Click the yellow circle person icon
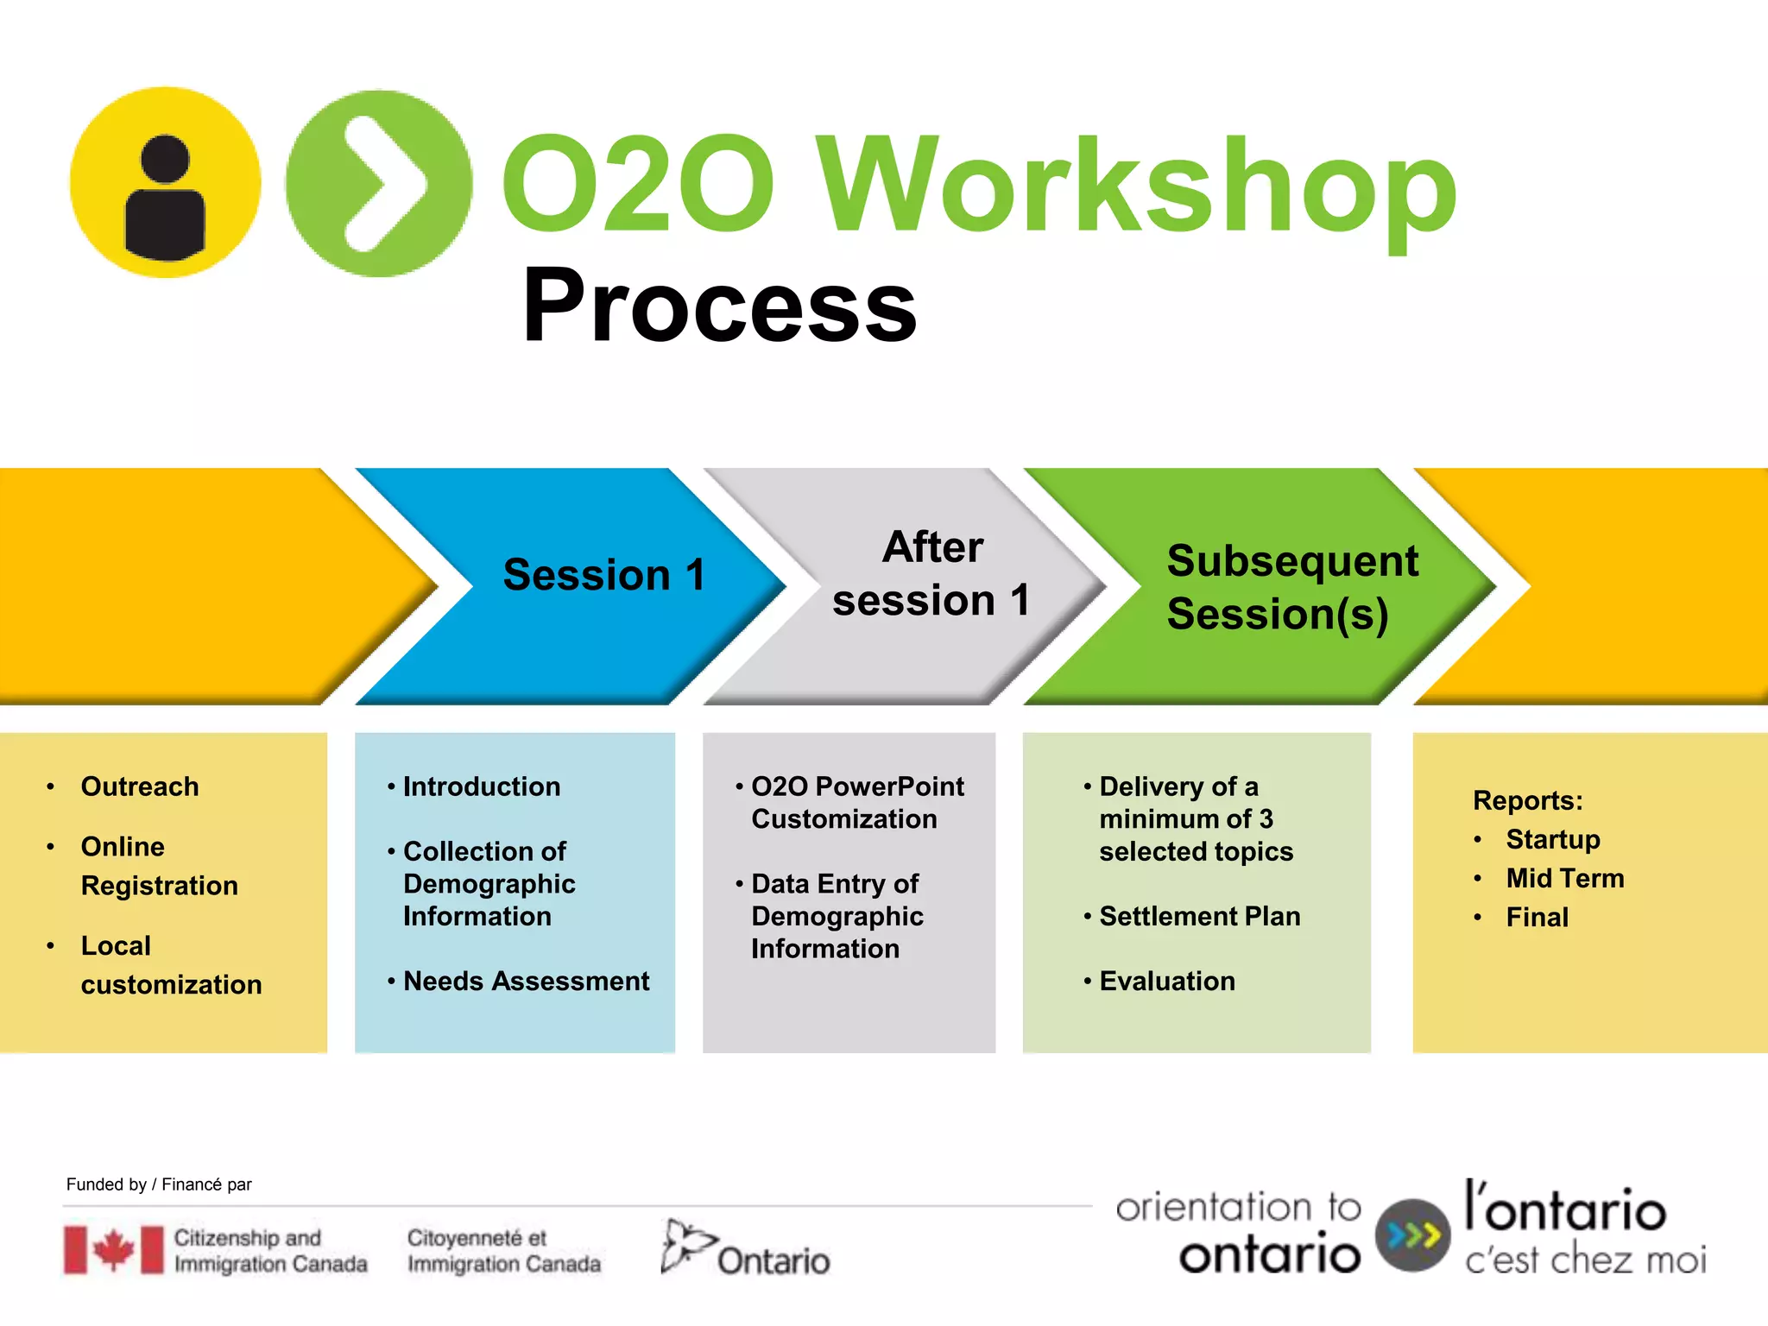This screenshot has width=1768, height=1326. (165, 182)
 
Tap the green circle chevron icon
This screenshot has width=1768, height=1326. (379, 183)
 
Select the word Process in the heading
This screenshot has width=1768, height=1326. (719, 306)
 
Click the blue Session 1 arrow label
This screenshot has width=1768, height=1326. (603, 575)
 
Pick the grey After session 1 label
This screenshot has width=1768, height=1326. (931, 573)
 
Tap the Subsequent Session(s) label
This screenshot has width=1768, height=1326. (1291, 587)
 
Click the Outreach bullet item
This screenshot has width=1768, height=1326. (139, 786)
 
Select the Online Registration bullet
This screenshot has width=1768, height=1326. (159, 866)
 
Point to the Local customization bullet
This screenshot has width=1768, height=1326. (170, 965)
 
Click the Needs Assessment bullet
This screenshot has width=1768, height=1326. (525, 982)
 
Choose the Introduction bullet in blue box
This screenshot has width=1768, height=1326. (481, 786)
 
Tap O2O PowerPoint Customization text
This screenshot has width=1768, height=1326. (856, 803)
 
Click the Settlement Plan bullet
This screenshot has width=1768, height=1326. (1199, 916)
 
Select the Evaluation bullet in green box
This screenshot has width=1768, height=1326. (1166, 982)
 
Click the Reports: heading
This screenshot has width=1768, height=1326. (1527, 800)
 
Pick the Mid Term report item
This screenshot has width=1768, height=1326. (1564, 878)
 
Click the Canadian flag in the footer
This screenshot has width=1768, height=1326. (113, 1249)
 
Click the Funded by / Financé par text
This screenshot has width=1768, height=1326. (159, 1184)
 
